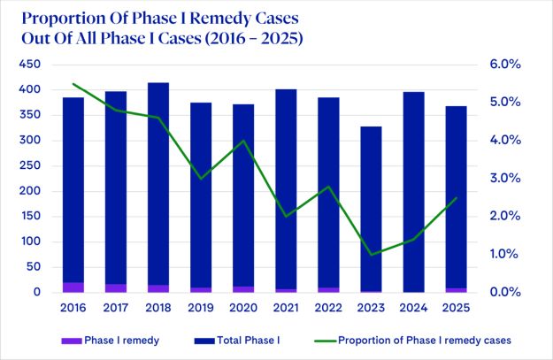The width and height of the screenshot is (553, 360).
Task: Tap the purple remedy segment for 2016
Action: coord(73,287)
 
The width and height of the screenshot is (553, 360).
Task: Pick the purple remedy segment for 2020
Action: coord(243,289)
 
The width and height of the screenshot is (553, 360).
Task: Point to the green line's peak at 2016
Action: coord(73,84)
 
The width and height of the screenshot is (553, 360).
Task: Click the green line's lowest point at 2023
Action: coord(371,255)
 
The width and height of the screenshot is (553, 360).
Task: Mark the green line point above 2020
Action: coord(243,141)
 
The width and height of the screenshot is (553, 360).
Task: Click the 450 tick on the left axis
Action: coord(29,65)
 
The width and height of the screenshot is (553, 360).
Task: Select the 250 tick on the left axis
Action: coord(29,165)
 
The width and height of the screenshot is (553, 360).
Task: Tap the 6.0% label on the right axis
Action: coord(506,65)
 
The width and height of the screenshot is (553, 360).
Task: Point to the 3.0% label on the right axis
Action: coord(506,179)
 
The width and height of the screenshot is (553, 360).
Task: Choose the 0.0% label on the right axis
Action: coord(506,292)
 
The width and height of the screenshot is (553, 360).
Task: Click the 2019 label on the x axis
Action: coord(201,308)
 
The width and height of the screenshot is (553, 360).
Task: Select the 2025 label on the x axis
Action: coord(456,308)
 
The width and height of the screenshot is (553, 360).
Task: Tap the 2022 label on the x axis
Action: coord(328,308)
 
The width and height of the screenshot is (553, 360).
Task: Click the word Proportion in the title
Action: coord(63,19)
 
